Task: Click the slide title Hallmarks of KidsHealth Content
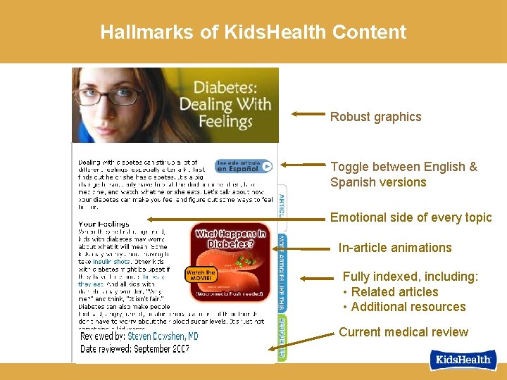pos(253,32)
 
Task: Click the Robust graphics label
pos(375,117)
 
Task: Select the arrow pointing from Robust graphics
pos(308,113)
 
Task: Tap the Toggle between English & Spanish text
pos(403,175)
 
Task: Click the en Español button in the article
pos(243,167)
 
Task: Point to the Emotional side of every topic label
pos(411,217)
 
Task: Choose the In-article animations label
pos(394,248)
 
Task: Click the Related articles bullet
pos(394,292)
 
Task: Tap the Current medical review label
pos(403,332)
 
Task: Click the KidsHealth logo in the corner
pos(463,360)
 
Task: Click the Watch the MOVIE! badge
pos(201,275)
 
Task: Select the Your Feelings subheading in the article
pos(104,224)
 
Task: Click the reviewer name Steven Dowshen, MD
pos(163,337)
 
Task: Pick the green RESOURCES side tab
pos(282,337)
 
